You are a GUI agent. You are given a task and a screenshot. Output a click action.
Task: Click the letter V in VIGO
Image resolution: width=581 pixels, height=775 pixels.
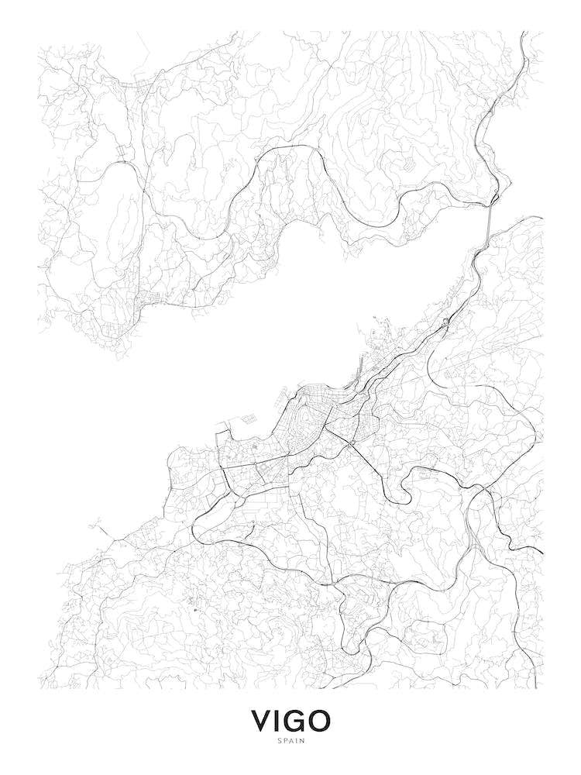[262, 721]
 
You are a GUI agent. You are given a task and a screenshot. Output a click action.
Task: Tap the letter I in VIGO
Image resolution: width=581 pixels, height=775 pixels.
[279, 721]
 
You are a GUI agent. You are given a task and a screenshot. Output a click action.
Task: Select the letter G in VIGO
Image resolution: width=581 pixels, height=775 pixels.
[295, 721]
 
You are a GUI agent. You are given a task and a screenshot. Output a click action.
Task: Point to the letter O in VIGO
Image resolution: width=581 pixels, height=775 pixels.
[319, 721]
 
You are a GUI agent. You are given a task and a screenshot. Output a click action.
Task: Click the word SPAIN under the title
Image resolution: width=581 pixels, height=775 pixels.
[290, 741]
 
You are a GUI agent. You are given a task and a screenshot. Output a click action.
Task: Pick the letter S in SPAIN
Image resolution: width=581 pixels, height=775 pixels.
[279, 741]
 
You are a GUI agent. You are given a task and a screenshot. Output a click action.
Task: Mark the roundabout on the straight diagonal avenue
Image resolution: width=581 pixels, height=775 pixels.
[352, 443]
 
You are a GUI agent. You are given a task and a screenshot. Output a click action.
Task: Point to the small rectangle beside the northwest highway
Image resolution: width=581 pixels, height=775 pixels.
[122, 152]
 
